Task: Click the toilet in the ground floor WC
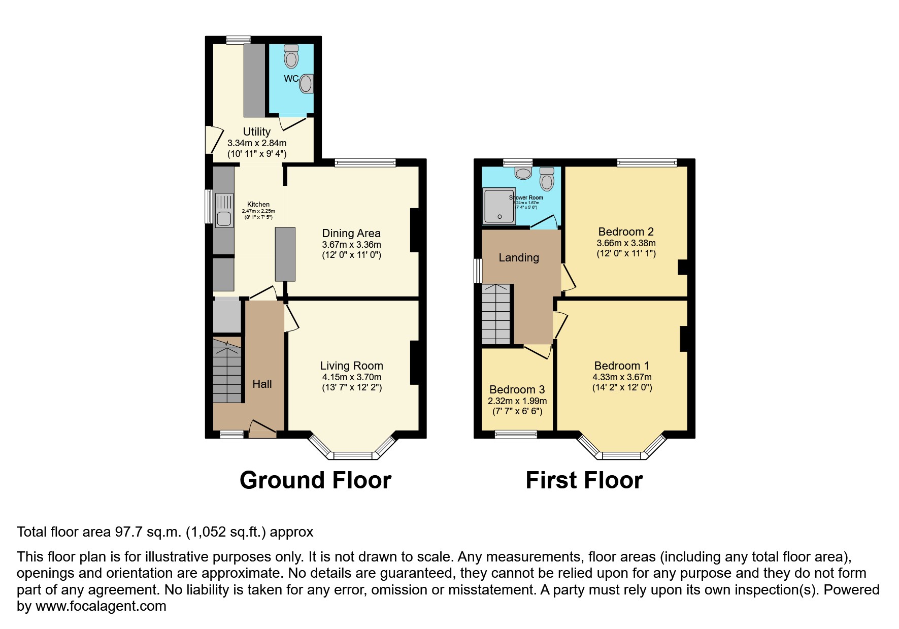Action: (291, 56)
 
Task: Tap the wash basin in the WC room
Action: (306, 84)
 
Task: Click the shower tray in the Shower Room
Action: (500, 206)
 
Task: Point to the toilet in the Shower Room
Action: (547, 179)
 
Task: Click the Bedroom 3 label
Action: (517, 389)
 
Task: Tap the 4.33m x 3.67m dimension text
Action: (622, 377)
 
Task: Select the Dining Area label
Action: (351, 233)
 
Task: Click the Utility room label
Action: (256, 131)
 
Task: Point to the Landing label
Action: (518, 257)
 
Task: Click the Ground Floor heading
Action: (315, 480)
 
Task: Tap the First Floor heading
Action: (584, 480)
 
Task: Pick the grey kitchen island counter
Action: (285, 254)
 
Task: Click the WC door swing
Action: (293, 123)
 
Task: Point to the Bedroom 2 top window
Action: (647, 162)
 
